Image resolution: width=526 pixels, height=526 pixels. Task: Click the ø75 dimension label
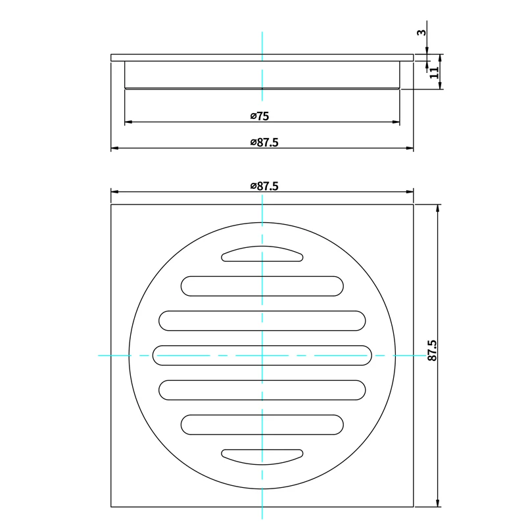pos(260,116)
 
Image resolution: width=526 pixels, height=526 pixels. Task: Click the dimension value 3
pos(422,32)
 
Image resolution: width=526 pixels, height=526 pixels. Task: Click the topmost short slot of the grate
pos(262,254)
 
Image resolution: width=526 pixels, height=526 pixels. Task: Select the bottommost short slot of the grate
pos(262,455)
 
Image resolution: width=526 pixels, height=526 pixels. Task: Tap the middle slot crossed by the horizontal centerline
pos(262,355)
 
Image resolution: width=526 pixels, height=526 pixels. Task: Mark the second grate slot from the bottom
pos(262,424)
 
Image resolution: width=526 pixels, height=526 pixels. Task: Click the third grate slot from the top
pos(262,320)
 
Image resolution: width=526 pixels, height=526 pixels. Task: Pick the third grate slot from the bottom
pos(262,389)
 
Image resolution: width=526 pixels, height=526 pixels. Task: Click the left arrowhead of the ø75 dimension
pos(128,122)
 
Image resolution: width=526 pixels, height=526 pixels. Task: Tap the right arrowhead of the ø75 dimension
pos(397,122)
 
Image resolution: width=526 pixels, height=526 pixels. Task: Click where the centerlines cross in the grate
pos(262,355)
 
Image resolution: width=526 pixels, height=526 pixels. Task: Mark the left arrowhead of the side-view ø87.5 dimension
pos(114,149)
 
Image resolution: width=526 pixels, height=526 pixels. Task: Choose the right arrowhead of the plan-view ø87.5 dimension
pos(411,192)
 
